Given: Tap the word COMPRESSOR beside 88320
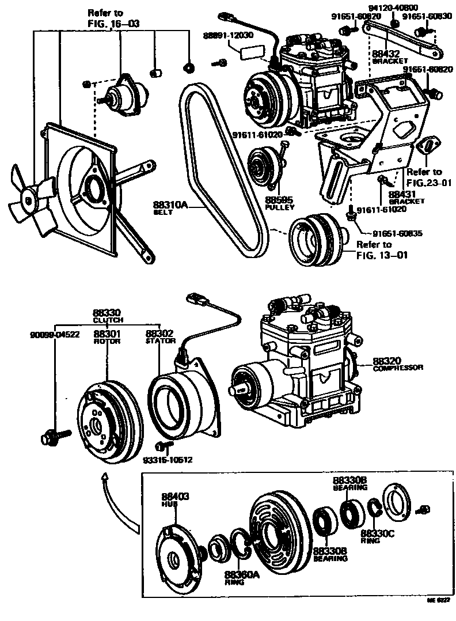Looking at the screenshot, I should (398, 367).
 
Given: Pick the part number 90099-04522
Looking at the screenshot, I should (55, 334).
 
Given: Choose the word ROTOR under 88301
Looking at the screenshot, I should (107, 341).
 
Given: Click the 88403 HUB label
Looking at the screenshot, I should (175, 499).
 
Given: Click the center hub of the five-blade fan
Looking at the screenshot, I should (28, 199).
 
